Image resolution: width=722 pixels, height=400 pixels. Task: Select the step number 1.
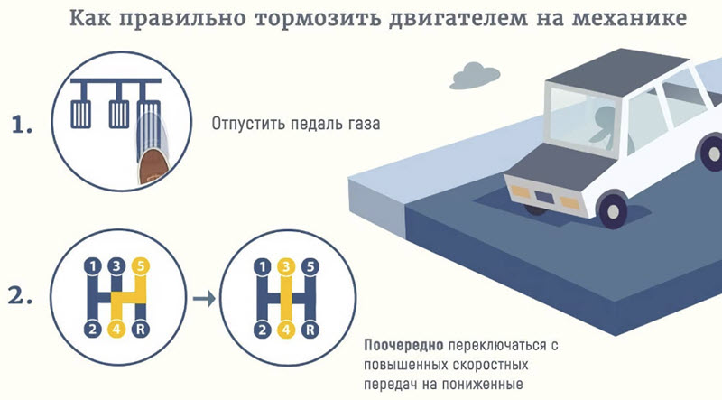tap(22, 126)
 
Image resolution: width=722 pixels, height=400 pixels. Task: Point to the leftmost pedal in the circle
tap(79, 112)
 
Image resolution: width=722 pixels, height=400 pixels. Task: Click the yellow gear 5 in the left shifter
tap(139, 266)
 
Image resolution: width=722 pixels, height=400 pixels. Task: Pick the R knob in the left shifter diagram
tap(139, 329)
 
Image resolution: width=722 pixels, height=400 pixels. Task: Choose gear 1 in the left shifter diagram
tap(90, 266)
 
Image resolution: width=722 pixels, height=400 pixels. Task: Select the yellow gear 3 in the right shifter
tap(285, 266)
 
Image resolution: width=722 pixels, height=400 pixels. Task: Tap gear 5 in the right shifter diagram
tap(310, 266)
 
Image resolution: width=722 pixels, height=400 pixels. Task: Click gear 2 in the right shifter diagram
tap(261, 329)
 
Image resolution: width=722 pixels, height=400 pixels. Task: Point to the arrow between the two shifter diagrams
tap(204, 298)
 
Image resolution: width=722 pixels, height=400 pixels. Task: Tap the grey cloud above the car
tap(474, 71)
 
